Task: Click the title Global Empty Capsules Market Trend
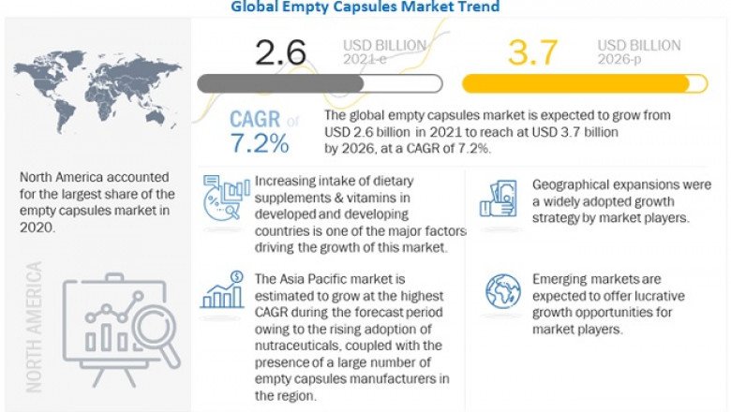tap(365, 7)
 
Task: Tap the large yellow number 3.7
tap(534, 52)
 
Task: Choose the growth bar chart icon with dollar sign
tap(223, 291)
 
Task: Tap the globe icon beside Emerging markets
tap(502, 291)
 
